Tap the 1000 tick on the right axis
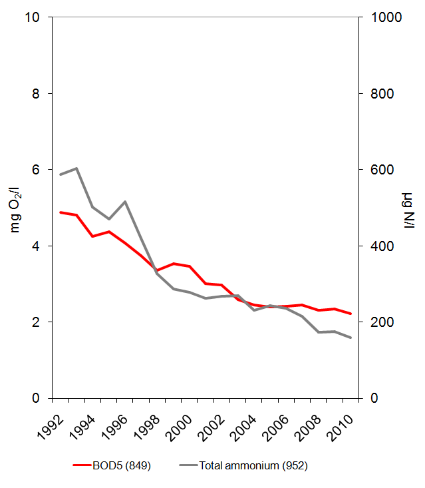coord(383,17)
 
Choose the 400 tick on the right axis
coord(380,246)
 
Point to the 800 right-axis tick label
coord(380,94)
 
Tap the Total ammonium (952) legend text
coord(253,466)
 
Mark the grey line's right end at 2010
coord(351,338)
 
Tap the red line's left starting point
coord(61,212)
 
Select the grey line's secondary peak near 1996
coord(125,202)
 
